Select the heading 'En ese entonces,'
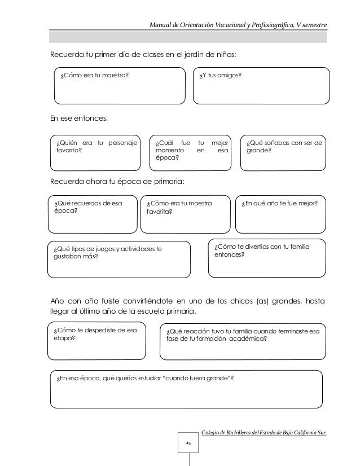78,118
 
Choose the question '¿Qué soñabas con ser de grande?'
283,147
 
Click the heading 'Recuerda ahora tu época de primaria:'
117,182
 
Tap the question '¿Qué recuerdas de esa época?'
87,206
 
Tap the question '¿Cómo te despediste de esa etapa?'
91,335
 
